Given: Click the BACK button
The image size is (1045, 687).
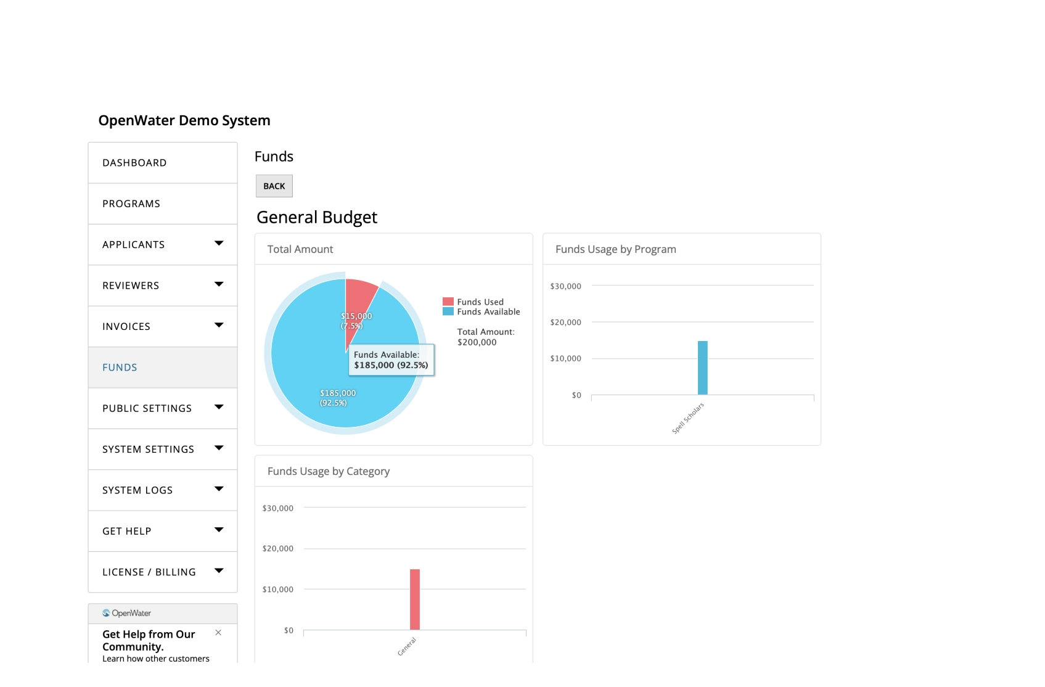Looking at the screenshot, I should click(x=274, y=186).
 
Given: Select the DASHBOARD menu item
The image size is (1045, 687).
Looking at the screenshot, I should click(x=134, y=163).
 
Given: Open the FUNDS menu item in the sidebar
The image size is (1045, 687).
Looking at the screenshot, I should click(x=120, y=368).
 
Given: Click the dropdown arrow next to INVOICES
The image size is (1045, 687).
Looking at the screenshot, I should click(x=219, y=325).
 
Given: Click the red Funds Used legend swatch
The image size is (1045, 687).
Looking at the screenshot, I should click(x=448, y=302).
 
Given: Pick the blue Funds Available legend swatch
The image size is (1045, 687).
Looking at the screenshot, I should click(x=448, y=311).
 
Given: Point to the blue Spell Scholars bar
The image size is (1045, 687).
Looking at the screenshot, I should click(x=702, y=368).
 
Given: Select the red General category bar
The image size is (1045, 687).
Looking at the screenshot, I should click(x=415, y=599).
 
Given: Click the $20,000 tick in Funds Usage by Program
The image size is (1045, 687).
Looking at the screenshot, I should click(x=565, y=322).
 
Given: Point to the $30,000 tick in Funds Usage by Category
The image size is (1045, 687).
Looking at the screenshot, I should click(x=278, y=508).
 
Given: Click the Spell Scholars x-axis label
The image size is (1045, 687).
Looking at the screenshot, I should click(x=688, y=418).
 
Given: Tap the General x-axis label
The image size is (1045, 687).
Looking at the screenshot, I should click(x=407, y=646).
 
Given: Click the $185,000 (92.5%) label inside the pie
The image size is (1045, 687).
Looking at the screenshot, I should click(x=338, y=398).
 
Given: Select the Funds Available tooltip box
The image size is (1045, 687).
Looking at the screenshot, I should click(x=391, y=360).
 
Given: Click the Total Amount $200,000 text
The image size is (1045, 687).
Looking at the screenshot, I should click(x=486, y=337).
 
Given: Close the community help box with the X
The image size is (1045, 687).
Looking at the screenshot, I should click(x=218, y=633).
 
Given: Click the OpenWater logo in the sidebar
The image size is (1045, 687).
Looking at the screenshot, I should click(x=127, y=613).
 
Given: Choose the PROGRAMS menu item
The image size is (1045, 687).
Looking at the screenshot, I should click(x=131, y=204).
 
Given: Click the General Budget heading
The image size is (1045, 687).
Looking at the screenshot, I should click(x=317, y=217).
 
